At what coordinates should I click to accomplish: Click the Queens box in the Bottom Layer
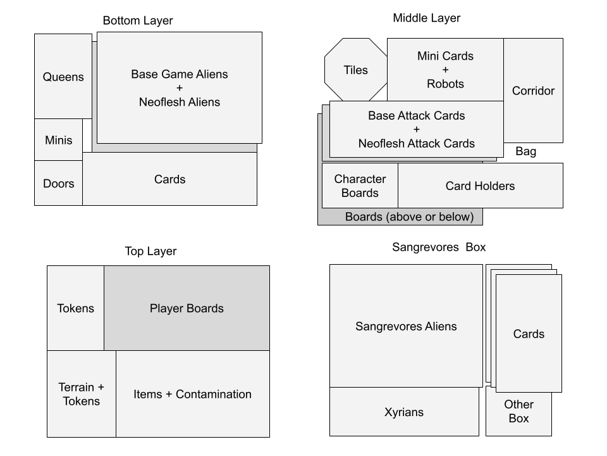click(63, 77)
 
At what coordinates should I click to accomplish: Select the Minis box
click(58, 140)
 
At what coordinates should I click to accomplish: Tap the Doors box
click(58, 184)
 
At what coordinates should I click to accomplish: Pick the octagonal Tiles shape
click(355, 70)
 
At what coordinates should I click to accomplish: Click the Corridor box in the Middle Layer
click(533, 91)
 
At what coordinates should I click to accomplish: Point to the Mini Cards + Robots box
click(445, 70)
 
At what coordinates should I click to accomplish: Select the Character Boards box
click(360, 186)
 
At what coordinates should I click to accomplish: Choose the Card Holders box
click(480, 186)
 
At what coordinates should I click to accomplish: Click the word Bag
click(525, 151)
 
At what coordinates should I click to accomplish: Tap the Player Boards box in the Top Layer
click(187, 308)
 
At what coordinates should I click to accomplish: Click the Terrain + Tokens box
click(82, 394)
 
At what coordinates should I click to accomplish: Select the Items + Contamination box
click(192, 394)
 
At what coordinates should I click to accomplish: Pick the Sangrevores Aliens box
click(406, 326)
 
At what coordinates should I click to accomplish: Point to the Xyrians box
click(404, 412)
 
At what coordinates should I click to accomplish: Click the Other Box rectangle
click(518, 412)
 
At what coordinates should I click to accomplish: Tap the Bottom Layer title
click(138, 21)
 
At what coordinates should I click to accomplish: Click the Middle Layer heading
click(426, 18)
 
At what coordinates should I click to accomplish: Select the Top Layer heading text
click(150, 251)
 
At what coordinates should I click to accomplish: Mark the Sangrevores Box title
click(439, 247)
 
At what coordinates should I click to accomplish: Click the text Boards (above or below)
click(409, 217)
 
